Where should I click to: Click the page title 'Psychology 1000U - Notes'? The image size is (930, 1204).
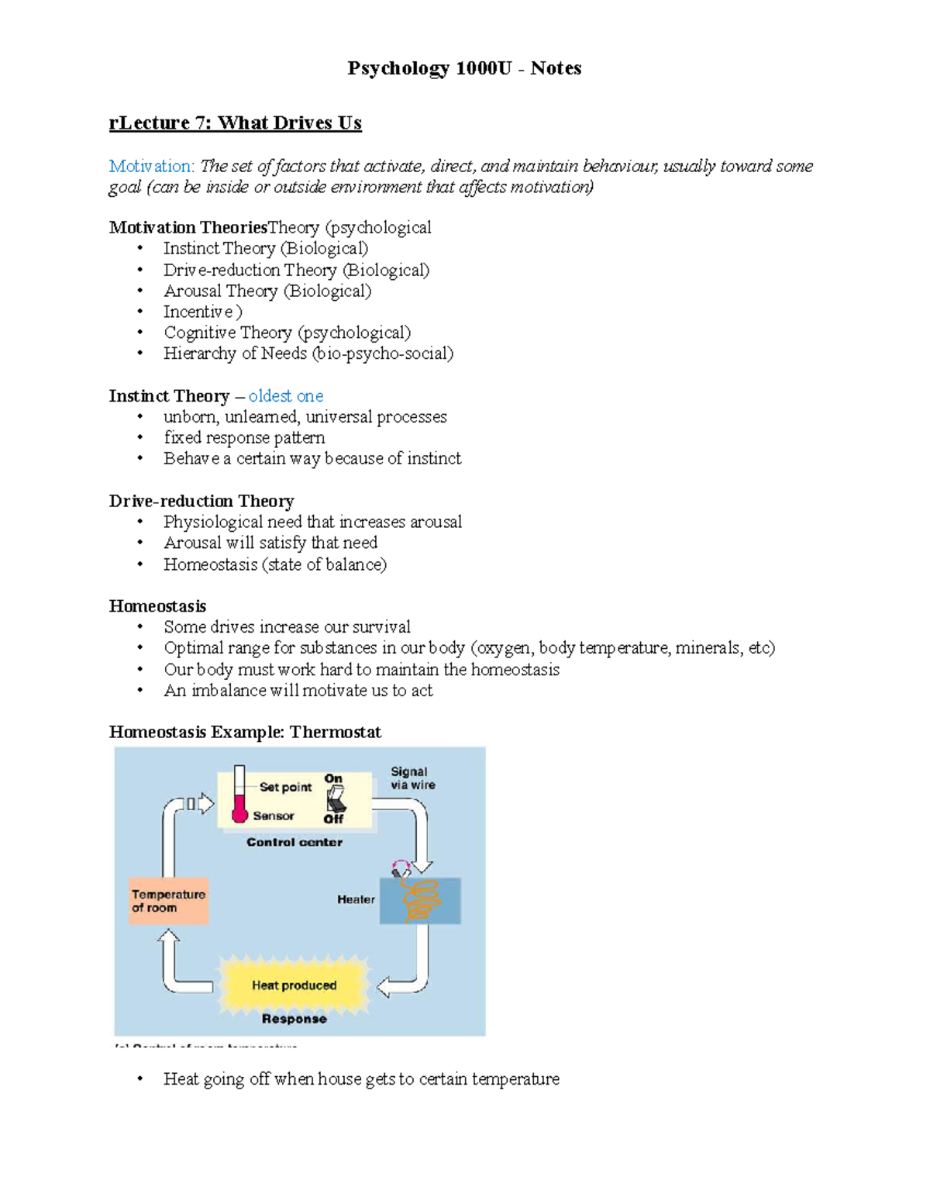464,68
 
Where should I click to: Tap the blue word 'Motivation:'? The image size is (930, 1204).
151,166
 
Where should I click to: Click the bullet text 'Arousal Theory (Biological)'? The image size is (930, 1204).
267,291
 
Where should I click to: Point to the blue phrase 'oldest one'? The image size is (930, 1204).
286,396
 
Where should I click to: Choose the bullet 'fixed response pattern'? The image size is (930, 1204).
244,437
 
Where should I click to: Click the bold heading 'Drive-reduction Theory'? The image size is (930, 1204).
201,501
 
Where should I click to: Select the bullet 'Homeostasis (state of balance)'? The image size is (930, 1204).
275,564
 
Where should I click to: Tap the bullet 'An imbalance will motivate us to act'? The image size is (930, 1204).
298,690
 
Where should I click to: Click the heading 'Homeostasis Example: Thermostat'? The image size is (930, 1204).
245,732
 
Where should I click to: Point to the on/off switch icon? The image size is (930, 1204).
336,799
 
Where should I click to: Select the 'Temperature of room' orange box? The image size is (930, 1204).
169,901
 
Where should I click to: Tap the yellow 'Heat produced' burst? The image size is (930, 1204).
294,985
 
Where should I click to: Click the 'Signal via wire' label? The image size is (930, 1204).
412,778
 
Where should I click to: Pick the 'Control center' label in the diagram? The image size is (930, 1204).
294,842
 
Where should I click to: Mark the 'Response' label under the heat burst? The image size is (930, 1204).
294,1019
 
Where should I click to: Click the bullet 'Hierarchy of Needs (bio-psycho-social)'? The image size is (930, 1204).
308,354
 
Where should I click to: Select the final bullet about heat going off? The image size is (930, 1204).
361,1079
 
